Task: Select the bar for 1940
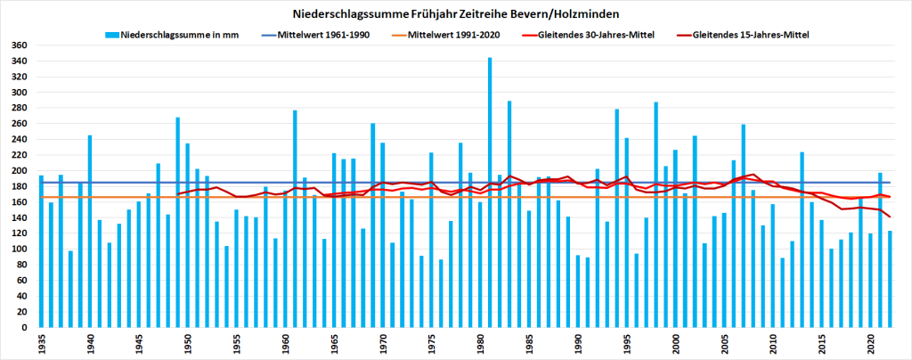(90, 232)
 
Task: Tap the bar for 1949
(178, 223)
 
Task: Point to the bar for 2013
(802, 240)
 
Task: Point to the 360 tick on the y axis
(20, 45)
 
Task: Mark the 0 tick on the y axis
(26, 328)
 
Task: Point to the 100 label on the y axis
(20, 250)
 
